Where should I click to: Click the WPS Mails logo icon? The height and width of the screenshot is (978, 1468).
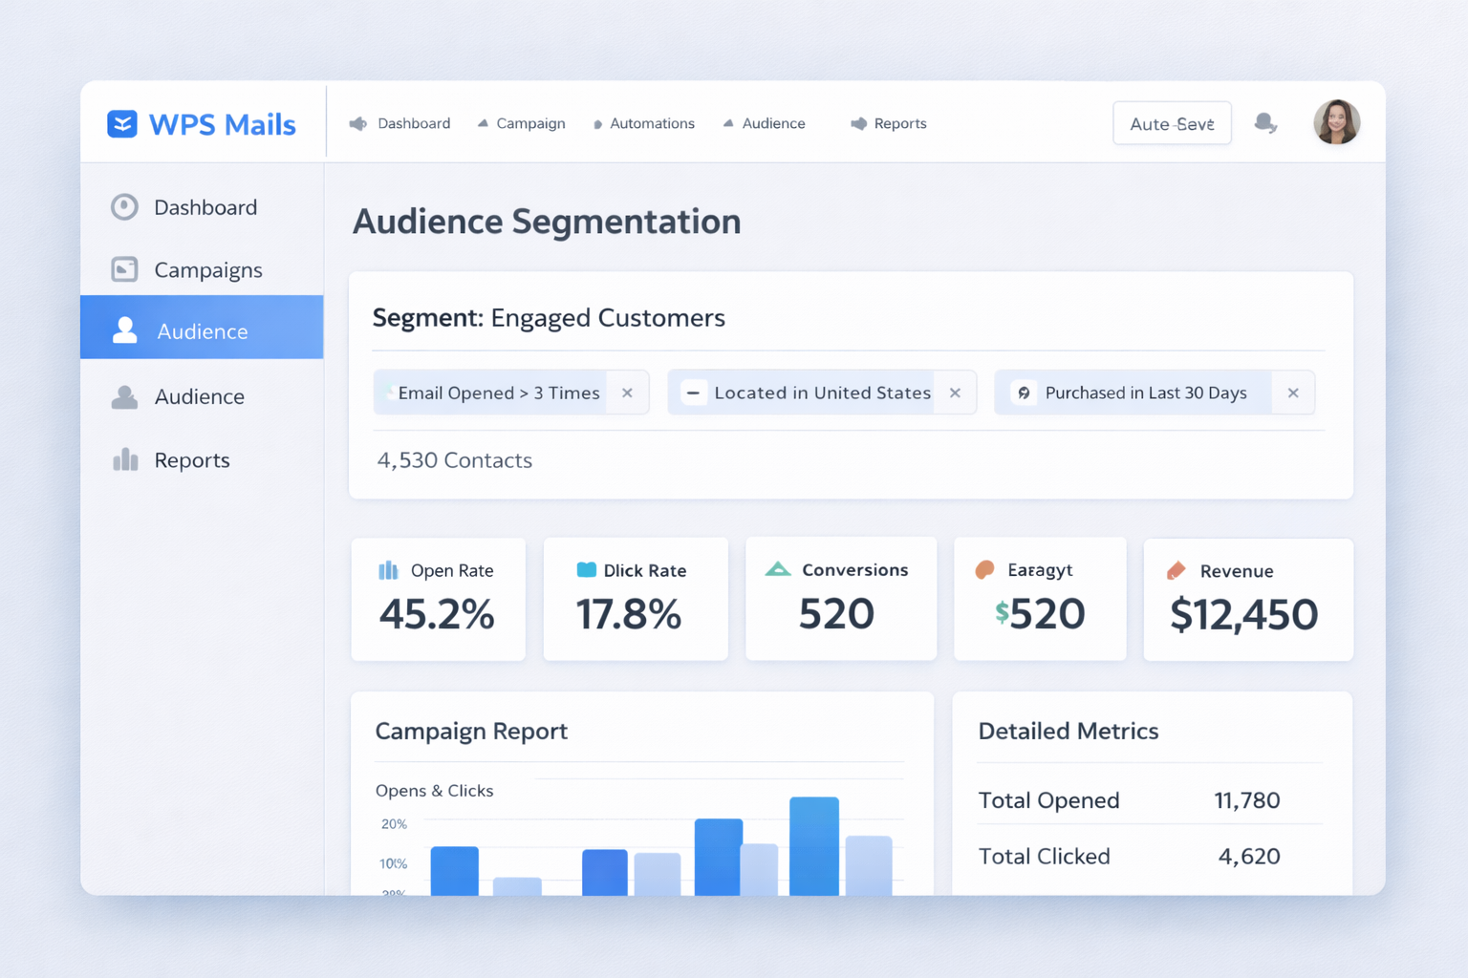tap(122, 124)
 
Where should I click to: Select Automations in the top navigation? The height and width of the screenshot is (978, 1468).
tap(644, 124)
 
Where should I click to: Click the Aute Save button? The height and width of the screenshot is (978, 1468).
tap(1172, 124)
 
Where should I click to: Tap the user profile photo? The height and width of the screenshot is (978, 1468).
tap(1336, 122)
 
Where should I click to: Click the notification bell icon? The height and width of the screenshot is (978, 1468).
tap(1265, 123)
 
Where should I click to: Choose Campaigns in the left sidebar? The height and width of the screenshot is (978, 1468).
tap(207, 270)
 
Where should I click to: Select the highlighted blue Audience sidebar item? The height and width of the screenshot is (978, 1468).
tap(202, 331)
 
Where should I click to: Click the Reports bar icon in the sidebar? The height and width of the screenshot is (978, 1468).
tap(125, 460)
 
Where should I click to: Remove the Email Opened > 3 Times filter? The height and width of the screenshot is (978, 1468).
tap(627, 393)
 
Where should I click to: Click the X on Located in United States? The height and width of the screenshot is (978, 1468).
tap(955, 393)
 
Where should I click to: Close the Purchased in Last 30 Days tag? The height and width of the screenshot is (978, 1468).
tap(1293, 393)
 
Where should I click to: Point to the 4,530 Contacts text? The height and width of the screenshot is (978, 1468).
tap(455, 460)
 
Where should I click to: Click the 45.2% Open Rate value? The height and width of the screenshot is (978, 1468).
tap(437, 614)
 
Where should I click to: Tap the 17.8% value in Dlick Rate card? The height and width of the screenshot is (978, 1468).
tap(628, 614)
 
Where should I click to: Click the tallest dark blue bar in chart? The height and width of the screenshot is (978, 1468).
tap(813, 846)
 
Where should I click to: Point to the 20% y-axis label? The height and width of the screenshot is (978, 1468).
tap(394, 824)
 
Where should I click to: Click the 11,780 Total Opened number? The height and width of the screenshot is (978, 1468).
tap(1246, 800)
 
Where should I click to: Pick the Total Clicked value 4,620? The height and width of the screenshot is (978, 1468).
tap(1248, 857)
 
